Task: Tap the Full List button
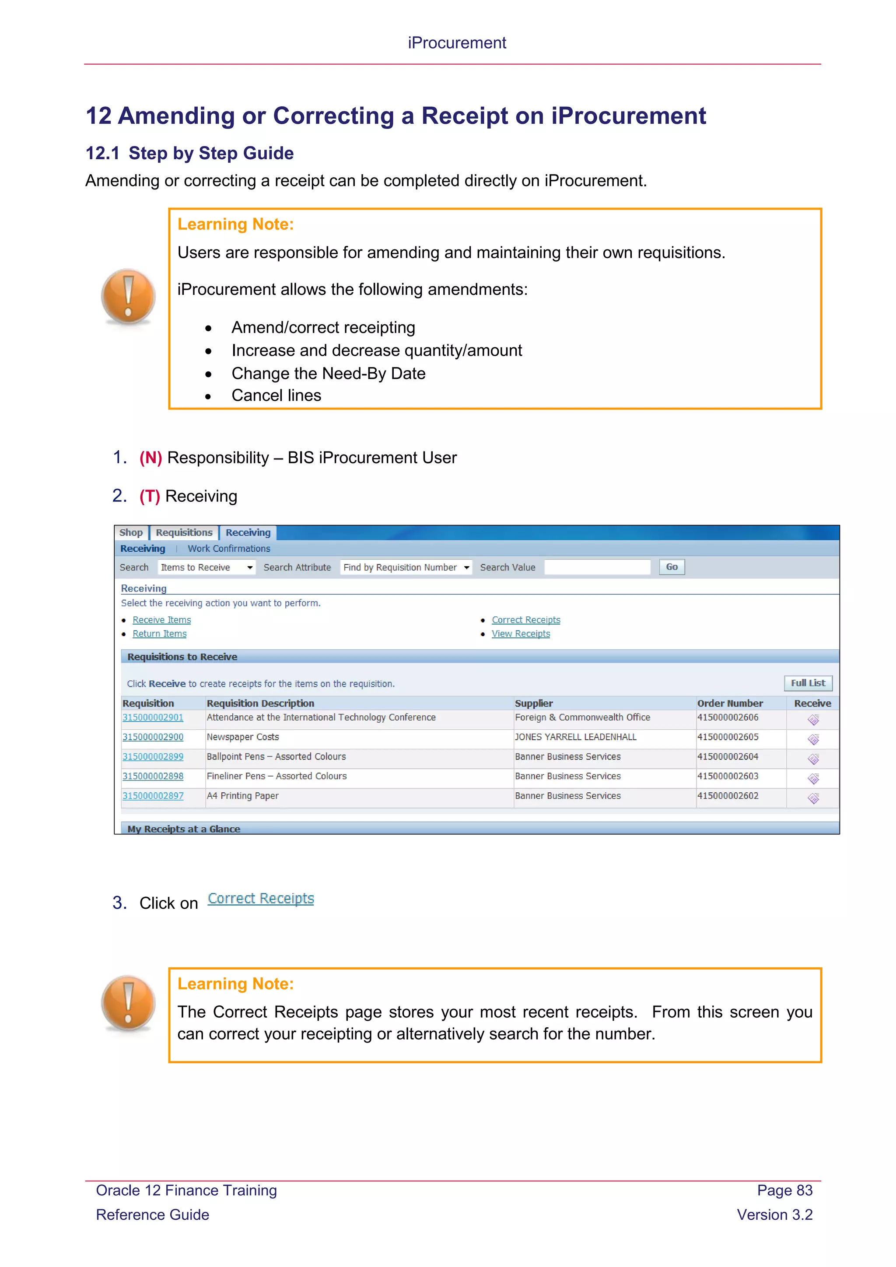coord(808,683)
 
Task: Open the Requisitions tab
coord(184,532)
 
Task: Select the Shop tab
coord(131,532)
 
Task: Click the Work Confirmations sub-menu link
coord(229,549)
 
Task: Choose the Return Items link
coord(159,633)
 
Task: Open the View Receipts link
coord(521,633)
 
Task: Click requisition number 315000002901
coord(153,717)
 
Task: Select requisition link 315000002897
coord(153,796)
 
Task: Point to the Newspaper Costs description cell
coord(243,737)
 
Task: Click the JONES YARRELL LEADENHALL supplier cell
coord(575,737)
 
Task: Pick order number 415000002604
coord(728,756)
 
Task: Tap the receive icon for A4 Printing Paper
coord(813,798)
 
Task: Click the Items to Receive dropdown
coord(207,567)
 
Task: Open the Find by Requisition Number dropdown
coord(406,567)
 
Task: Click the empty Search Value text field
coord(597,567)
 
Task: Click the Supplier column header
coord(533,703)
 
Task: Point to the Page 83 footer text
coord(784,1190)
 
